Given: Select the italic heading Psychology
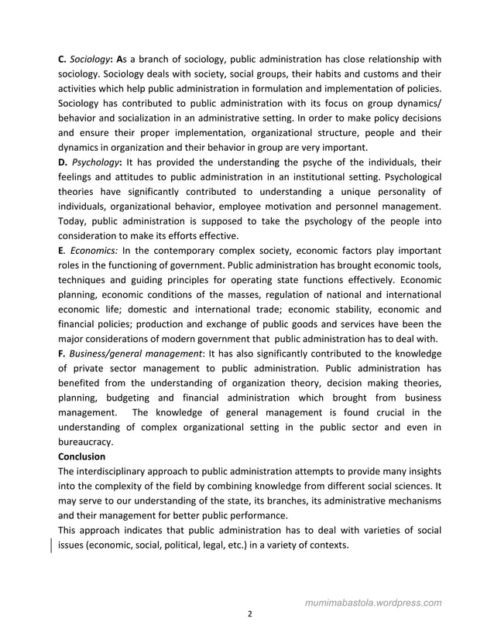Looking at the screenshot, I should pyautogui.click(x=95, y=162).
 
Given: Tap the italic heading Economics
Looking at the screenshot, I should pyautogui.click(x=94, y=250).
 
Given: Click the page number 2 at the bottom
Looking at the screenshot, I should pyautogui.click(x=249, y=614).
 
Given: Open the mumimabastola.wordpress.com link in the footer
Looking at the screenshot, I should pyautogui.click(x=373, y=602).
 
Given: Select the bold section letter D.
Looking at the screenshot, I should pyautogui.click(x=62, y=162).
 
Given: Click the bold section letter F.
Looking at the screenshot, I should pyautogui.click(x=61, y=353).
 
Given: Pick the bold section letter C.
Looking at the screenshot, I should pyautogui.click(x=62, y=59).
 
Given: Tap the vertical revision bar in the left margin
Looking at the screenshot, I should pyautogui.click(x=52, y=545).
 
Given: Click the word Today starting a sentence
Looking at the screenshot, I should pyautogui.click(x=74, y=221).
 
